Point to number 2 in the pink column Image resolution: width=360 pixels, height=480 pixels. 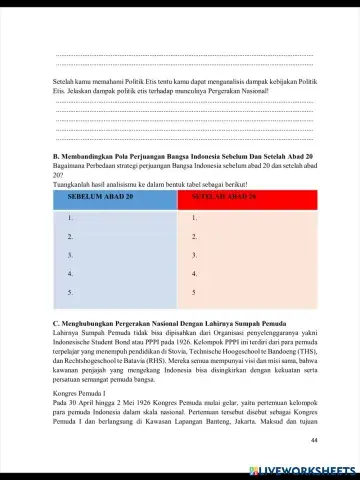click(194, 237)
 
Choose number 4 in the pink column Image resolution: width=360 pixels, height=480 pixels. click(194, 273)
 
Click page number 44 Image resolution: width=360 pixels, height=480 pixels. click(313, 440)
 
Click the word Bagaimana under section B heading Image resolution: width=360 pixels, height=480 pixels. click(71, 167)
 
